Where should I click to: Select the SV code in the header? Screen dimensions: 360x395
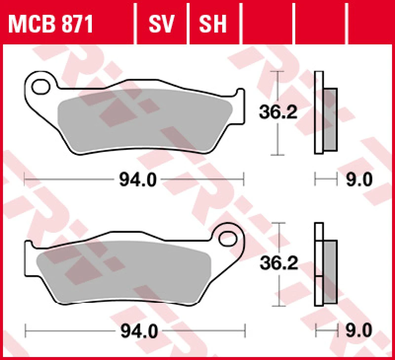point(162,24)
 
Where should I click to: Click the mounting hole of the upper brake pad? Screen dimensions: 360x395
point(40,87)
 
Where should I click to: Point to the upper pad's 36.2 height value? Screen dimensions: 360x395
point(278,113)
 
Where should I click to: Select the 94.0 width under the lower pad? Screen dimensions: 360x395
point(138,331)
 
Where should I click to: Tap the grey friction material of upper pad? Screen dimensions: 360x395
point(143,118)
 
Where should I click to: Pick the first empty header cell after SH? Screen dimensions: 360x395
point(268,24)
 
